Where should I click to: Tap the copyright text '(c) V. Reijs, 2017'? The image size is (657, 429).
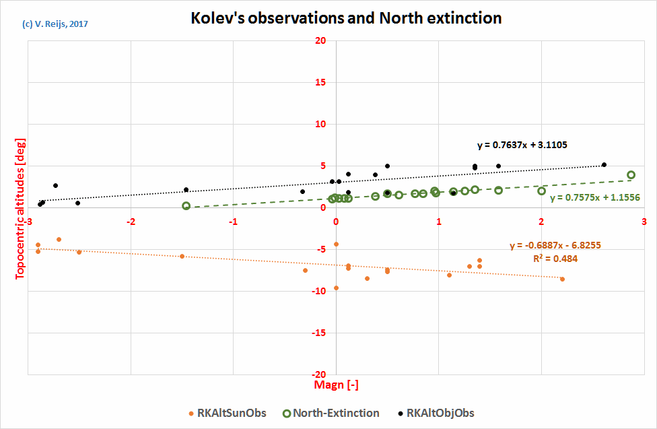[55, 24]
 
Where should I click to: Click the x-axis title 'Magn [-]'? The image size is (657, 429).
[335, 385]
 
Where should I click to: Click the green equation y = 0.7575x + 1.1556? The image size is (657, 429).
[594, 198]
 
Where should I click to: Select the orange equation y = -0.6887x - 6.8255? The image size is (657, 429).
[555, 246]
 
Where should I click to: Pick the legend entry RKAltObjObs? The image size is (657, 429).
[436, 413]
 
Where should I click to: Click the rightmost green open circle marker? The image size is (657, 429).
[631, 175]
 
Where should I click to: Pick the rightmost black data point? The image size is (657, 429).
[604, 164]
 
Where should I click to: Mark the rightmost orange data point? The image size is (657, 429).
[562, 279]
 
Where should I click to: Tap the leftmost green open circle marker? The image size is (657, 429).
[186, 206]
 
